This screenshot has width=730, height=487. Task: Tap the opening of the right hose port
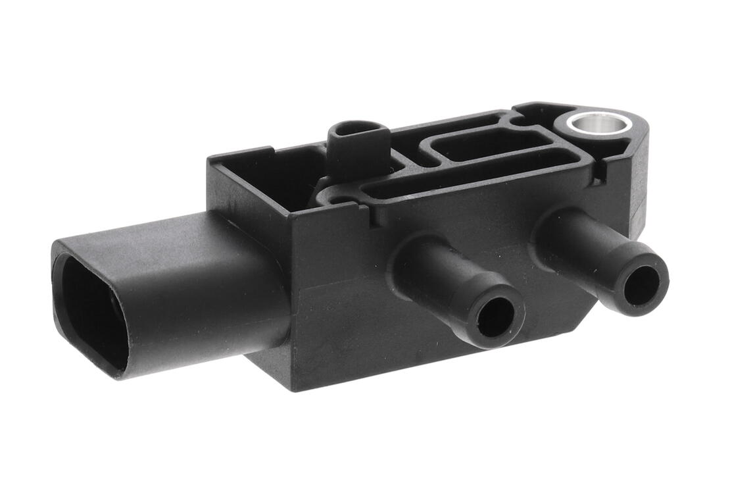pyautogui.click(x=641, y=285)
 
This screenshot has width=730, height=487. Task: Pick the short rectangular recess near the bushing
pyautogui.click(x=490, y=143)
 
